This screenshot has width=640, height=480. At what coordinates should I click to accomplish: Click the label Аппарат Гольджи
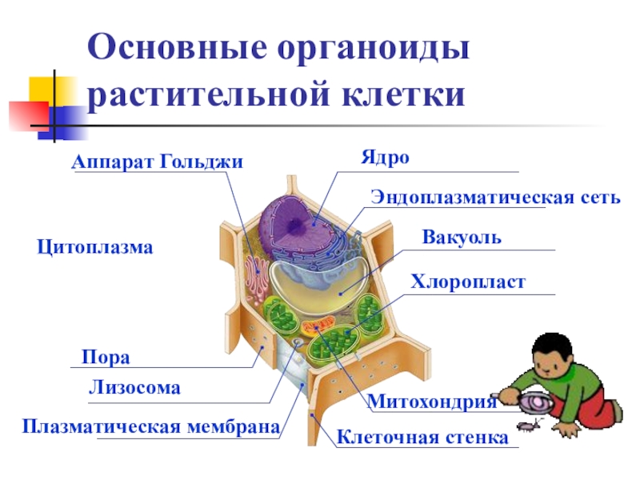coord(158,162)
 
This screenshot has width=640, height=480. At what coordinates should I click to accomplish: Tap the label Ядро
coord(384,157)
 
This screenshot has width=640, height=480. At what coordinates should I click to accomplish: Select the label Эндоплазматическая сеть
coord(495,197)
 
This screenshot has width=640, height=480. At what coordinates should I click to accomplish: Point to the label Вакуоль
coord(462,238)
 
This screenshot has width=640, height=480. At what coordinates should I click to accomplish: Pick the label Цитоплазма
coord(95,247)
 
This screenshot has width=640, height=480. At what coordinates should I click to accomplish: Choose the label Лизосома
coord(134,389)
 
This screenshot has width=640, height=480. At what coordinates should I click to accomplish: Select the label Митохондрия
coord(432,402)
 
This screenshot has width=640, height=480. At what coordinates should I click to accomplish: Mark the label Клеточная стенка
coord(422,438)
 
